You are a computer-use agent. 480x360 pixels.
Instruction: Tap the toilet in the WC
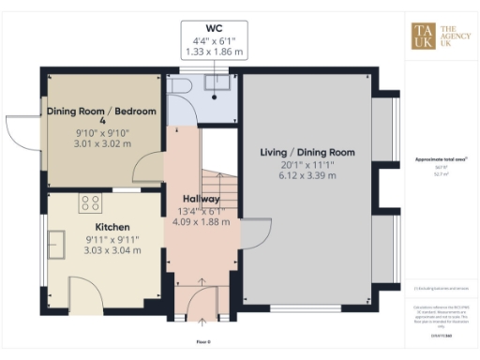pos(182,86)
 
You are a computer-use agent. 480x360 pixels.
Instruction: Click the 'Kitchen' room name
pos(112,227)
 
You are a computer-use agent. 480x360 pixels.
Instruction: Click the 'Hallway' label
pos(201,200)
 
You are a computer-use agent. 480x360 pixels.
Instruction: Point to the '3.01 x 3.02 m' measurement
pos(101,146)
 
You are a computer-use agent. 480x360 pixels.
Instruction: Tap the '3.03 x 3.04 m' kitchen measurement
pos(112,250)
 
